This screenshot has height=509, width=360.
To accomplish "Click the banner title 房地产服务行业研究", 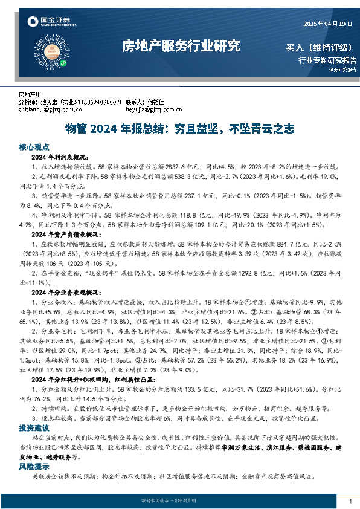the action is pyautogui.click(x=181, y=46).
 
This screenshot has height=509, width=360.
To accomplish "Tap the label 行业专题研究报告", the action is pyautogui.click(x=327, y=60).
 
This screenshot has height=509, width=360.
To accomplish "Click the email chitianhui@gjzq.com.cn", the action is pyautogui.click(x=50, y=110).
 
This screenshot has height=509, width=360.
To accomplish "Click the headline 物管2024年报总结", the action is pyautogui.click(x=180, y=129).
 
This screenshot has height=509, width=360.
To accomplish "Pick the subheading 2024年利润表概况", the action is pyautogui.click(x=60, y=157).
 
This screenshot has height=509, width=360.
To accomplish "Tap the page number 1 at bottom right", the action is pyautogui.click(x=350, y=501).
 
